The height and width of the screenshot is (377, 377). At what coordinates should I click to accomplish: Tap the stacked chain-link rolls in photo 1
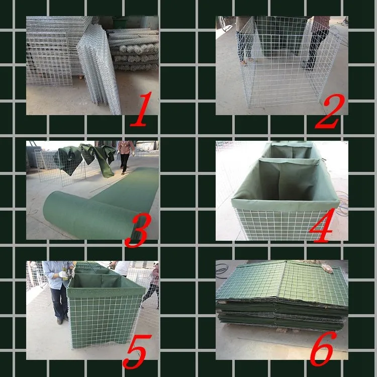pos(133,50)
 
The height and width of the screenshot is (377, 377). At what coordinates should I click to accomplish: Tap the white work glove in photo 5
pos(64,275)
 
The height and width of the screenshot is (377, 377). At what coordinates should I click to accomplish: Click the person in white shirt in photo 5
pos(122,268)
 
